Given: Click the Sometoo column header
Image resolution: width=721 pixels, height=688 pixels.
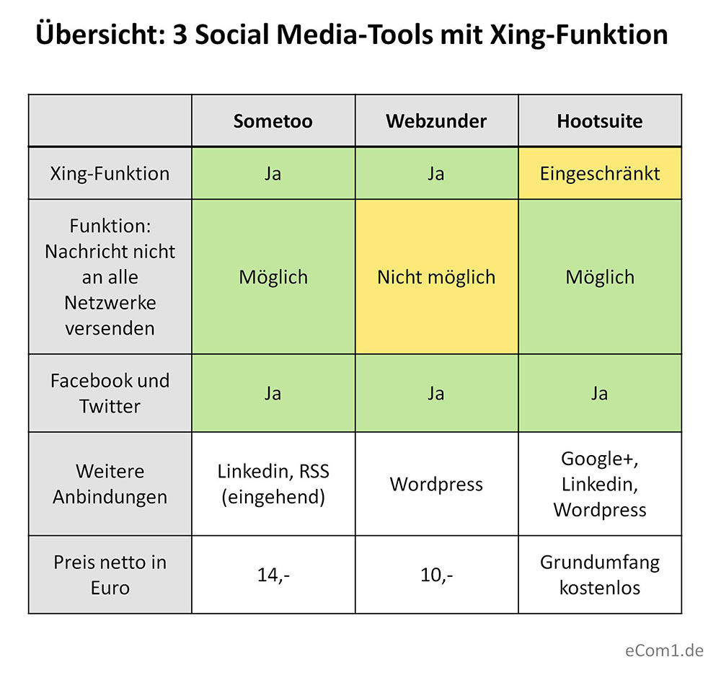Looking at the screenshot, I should [x=273, y=120].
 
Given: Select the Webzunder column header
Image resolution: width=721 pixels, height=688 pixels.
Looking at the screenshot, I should [x=436, y=120].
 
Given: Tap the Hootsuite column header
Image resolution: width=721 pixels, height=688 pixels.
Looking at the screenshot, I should [x=599, y=120].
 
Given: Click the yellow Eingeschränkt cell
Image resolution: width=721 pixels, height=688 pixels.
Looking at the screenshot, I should [x=599, y=173].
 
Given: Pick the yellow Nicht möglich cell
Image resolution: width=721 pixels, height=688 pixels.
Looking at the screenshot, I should [x=436, y=277].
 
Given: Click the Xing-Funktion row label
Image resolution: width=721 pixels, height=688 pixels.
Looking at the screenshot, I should [x=110, y=173].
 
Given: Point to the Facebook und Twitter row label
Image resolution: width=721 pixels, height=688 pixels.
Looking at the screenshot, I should [x=110, y=393].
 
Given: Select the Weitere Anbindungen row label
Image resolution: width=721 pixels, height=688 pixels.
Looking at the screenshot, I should [x=110, y=484].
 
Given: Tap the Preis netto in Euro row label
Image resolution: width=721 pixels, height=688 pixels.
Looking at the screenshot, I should [x=110, y=575].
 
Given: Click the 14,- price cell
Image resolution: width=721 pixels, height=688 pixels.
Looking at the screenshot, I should [x=273, y=575].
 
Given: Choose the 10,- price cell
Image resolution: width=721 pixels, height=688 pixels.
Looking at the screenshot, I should [x=436, y=575].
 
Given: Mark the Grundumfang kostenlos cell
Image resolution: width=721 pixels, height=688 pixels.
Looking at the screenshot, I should [x=599, y=575].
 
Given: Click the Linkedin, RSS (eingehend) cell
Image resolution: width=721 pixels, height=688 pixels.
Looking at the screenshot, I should [x=273, y=484].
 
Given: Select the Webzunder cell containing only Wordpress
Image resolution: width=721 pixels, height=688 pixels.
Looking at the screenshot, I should [x=436, y=484].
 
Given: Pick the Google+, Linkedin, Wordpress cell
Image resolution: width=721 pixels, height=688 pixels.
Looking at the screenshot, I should [x=599, y=484].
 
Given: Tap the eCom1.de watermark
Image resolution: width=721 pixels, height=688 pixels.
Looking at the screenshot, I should [x=664, y=651].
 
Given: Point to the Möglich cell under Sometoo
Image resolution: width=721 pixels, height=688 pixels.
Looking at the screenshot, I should [x=273, y=277].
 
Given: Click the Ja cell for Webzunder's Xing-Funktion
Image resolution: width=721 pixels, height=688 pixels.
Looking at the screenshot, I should [x=436, y=173].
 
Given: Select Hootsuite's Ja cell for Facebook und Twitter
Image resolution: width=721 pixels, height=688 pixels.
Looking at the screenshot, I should [x=599, y=393].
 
